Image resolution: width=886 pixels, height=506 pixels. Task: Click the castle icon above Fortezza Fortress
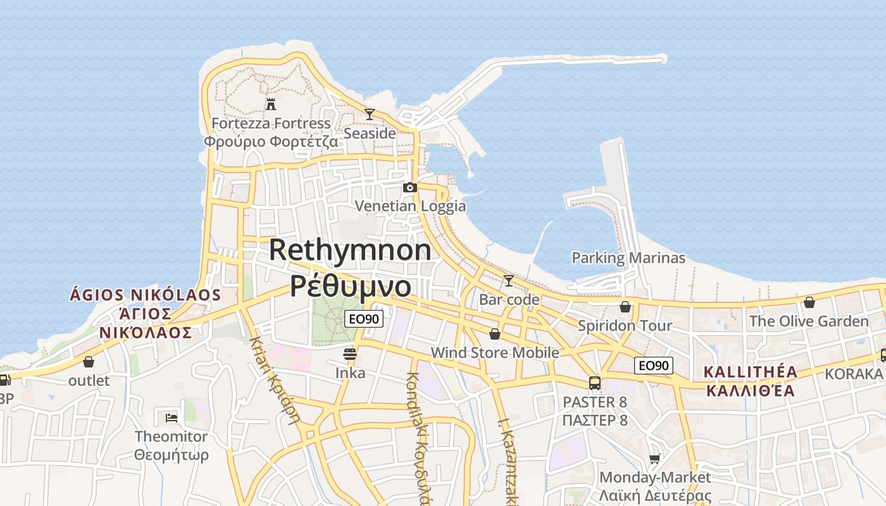click(271, 103)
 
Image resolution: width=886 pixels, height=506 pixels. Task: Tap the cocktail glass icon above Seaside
click(370, 114)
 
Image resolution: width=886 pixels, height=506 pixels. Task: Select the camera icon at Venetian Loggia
click(410, 187)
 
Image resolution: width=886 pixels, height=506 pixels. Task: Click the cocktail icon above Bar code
click(509, 280)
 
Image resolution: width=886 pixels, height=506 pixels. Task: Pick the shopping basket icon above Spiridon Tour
click(625, 307)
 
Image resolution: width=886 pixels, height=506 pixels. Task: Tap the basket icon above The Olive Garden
click(809, 302)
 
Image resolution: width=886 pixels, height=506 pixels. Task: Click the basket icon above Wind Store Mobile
click(495, 333)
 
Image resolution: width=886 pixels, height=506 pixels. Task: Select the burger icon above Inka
click(350, 354)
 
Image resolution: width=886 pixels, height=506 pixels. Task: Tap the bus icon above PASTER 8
click(595, 383)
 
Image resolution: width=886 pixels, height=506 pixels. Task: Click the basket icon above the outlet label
click(89, 362)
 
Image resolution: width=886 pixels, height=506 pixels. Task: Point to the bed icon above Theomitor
click(172, 417)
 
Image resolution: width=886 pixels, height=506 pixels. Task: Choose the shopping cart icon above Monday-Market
click(655, 458)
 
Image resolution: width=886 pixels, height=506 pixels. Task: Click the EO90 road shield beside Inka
click(365, 319)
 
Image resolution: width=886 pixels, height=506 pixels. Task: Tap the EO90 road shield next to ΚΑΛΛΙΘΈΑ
click(654, 365)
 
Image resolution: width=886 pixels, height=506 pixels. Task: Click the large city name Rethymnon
click(350, 250)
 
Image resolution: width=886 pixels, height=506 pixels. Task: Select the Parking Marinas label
click(628, 258)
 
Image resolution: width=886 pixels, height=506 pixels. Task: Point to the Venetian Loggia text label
click(410, 206)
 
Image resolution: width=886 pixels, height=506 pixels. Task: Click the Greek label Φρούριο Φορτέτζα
click(271, 141)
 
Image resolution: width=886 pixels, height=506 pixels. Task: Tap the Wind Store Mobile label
click(495, 352)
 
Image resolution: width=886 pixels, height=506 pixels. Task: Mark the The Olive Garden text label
click(809, 321)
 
